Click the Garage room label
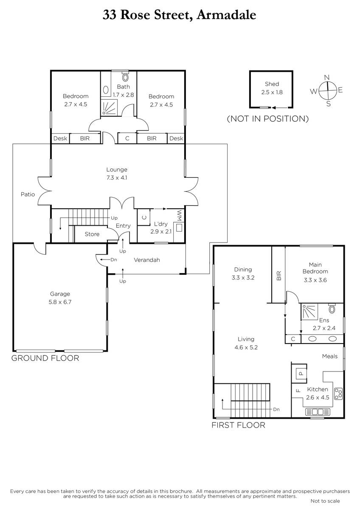coord(60,294)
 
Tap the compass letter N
coord(327,78)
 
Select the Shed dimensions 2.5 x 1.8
coord(272,92)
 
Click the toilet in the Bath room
coord(125,77)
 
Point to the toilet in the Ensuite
coord(332,309)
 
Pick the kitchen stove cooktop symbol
coord(338,394)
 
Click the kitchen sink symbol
coord(318,412)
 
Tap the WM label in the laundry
coord(179,215)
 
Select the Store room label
coord(92,234)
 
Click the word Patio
coord(28,194)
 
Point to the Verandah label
coord(147,260)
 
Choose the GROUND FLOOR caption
coord(45,358)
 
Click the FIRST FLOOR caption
coord(238,425)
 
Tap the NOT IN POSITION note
coord(268,119)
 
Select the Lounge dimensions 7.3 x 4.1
coord(117,178)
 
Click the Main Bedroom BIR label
coord(279,276)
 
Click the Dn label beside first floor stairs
coord(276,409)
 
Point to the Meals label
coord(330,356)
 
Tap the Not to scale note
coord(325,501)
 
